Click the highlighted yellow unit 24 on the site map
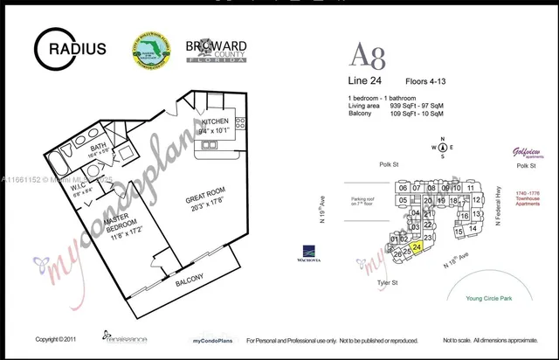[x=417, y=247]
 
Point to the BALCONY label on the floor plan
[x=190, y=280]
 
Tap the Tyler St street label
[x=388, y=282]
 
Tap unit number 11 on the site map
[x=470, y=188]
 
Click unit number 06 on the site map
[x=403, y=188]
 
